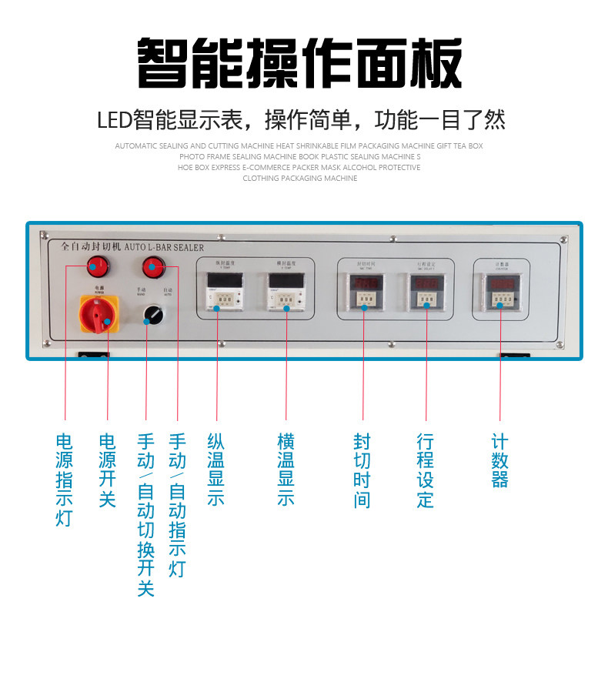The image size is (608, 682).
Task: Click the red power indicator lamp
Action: [x=96, y=267]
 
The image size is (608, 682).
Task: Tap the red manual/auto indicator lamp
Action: [x=153, y=267]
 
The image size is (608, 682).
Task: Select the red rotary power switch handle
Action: [x=96, y=314]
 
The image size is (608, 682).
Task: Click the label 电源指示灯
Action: [x=65, y=480]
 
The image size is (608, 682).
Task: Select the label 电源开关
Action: [x=107, y=470]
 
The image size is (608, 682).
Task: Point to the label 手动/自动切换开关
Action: [x=145, y=514]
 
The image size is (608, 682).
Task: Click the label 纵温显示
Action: [x=216, y=470]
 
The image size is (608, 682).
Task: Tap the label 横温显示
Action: [x=286, y=470]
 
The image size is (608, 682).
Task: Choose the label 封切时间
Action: [x=362, y=470]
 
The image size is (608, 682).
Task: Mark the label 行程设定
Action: [x=425, y=470]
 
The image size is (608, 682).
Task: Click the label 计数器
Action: [x=499, y=460]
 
